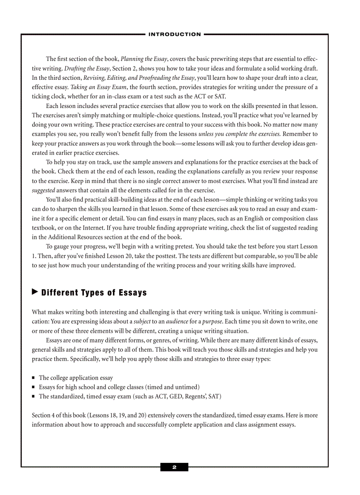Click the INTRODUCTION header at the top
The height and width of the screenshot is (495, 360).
tap(175, 34)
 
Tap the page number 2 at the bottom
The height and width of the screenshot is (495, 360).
tap(174, 467)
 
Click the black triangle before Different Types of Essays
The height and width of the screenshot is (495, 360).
tap(35, 292)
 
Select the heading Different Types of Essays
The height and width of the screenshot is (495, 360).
tap(94, 293)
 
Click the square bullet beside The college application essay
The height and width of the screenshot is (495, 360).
tap(34, 378)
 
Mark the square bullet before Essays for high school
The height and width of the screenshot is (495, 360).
tap(34, 387)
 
